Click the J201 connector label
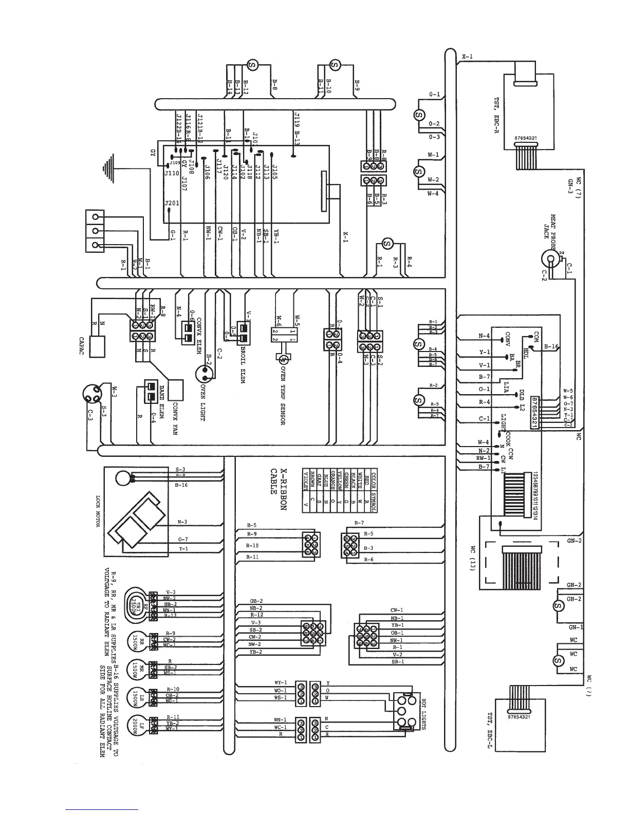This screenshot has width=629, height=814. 172,203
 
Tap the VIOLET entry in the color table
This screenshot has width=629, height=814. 306,483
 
